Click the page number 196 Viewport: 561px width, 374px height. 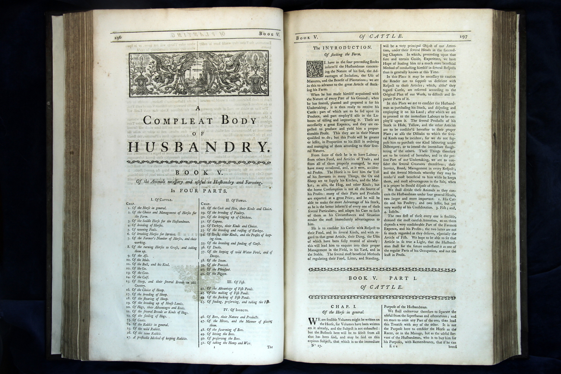(117, 37)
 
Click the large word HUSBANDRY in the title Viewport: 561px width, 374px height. (199, 146)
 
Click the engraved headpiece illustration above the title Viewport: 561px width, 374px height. (198, 74)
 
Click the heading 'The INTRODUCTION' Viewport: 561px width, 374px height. (342, 48)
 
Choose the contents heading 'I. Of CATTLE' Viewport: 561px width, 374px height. (161, 199)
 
